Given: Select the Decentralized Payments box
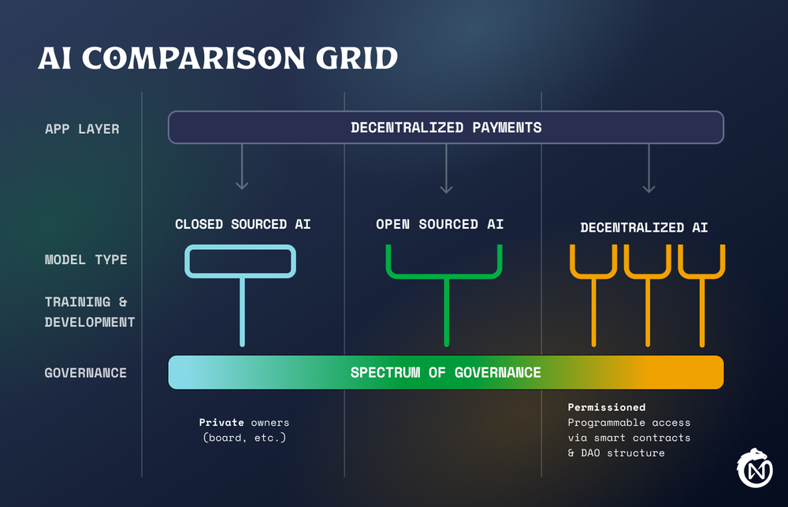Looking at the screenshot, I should point(446,127).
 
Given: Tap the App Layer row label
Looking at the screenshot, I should point(82,129).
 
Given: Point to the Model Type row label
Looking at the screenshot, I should point(86,259).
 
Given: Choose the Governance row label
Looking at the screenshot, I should point(85,372).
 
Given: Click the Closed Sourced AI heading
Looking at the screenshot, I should point(243,225).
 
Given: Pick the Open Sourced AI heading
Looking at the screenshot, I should point(440,225).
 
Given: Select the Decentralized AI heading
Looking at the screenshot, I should point(644,228).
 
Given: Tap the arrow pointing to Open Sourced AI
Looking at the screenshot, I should point(446,169).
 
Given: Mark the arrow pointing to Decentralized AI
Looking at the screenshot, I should point(649,169).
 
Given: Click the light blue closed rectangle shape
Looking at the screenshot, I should point(240,261).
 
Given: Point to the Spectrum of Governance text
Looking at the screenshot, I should point(446,372).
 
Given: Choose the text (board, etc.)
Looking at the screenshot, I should point(243,437).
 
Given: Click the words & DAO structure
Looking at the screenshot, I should point(616,453).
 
